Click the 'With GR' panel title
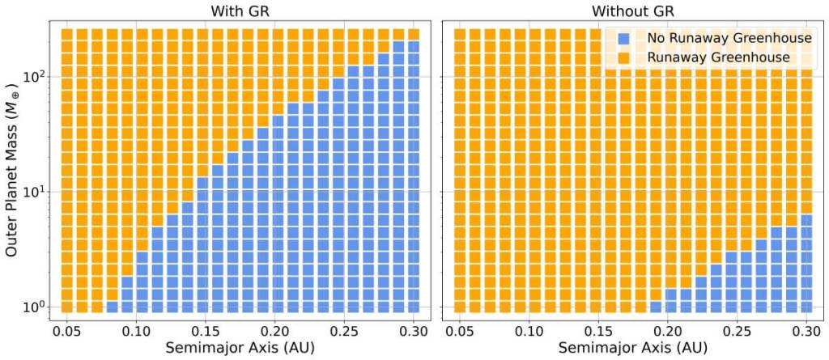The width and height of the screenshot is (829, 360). [x=240, y=11]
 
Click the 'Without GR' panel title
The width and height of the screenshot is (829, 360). [x=634, y=11]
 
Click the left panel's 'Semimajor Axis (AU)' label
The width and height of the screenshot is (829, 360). [x=240, y=348]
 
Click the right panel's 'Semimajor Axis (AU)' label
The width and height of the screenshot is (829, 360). [x=634, y=348]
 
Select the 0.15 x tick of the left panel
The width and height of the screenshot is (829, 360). [x=206, y=330]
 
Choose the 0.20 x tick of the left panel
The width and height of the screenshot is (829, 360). [x=275, y=330]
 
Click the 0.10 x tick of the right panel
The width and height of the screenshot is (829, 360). [x=530, y=330]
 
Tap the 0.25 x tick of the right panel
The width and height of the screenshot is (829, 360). [x=738, y=330]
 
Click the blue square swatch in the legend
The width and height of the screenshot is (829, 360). [x=623, y=38]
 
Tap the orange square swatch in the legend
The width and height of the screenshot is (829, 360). [x=623, y=58]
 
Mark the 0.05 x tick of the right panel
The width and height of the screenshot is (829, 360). [x=461, y=330]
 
